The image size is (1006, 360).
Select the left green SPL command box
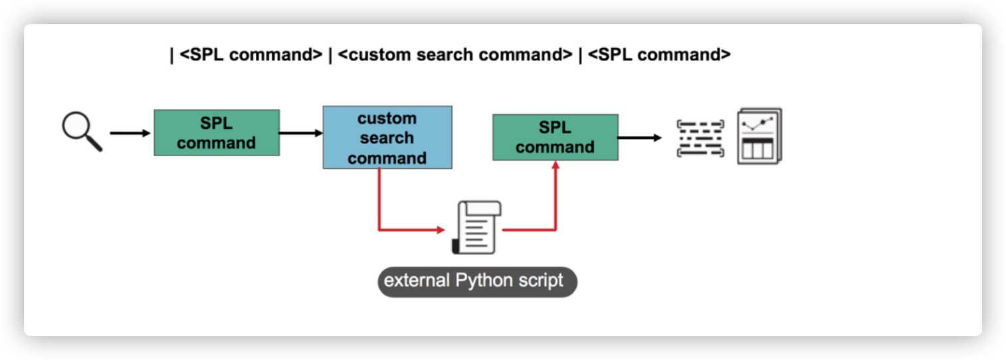click(217, 133)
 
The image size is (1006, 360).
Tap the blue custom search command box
click(387, 137)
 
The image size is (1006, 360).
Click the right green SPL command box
click(555, 137)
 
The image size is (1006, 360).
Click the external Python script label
click(477, 280)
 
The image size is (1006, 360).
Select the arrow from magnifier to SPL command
click(130, 134)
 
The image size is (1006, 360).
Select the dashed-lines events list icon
click(700, 138)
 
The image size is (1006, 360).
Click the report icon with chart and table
click(759, 136)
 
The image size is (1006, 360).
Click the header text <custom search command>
click(454, 54)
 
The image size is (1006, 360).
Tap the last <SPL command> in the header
click(659, 54)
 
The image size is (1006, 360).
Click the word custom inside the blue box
click(387, 118)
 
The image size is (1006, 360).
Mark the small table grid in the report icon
click(757, 149)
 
